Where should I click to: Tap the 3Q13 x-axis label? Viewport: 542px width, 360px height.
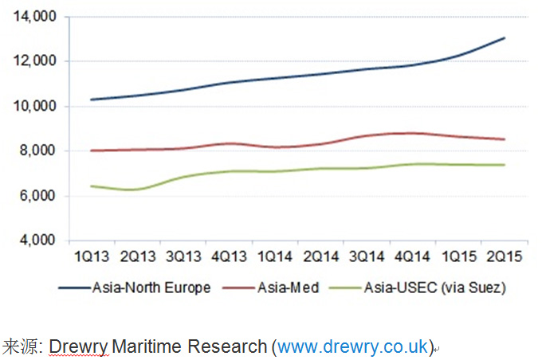click(183, 256)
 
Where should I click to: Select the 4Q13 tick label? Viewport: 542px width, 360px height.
click(230, 256)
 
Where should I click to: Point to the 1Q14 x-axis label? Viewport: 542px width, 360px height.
click(276, 256)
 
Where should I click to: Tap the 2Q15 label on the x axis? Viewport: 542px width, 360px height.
click(505, 256)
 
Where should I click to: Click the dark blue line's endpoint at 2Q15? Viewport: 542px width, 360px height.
click(505, 38)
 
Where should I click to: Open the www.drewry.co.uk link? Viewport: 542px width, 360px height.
click(353, 346)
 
